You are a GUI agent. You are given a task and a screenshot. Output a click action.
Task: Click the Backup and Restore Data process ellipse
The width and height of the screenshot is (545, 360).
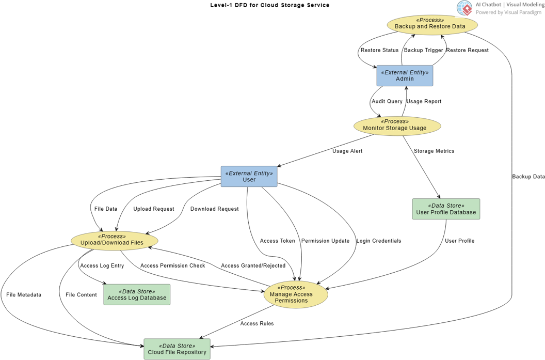pyautogui.click(x=432, y=24)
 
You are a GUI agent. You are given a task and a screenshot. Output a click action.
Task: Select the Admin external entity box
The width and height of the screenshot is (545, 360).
pyautogui.click(x=405, y=76)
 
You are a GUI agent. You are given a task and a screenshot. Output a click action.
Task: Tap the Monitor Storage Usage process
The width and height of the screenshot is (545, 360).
pyautogui.click(x=397, y=126)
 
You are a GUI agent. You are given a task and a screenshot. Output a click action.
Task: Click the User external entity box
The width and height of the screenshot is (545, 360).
pyautogui.click(x=249, y=177)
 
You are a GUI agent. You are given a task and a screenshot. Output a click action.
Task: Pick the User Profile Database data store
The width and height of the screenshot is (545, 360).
pyautogui.click(x=446, y=209)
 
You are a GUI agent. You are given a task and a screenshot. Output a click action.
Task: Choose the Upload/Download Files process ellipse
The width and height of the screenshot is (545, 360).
pyautogui.click(x=114, y=241)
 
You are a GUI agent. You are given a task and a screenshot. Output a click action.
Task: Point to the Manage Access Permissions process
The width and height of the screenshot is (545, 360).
pyautogui.click(x=296, y=294)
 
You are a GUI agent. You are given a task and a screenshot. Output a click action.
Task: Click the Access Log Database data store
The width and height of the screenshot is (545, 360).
pyautogui.click(x=137, y=295)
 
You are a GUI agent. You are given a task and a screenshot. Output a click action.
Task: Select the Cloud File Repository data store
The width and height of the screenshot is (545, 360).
pyautogui.click(x=177, y=349)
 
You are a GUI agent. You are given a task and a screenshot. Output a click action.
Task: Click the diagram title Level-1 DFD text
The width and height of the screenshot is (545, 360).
pyautogui.click(x=269, y=5)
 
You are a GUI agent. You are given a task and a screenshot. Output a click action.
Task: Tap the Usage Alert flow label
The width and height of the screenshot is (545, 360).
pyautogui.click(x=347, y=151)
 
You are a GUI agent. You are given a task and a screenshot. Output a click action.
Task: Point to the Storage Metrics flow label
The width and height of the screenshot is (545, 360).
pyautogui.click(x=434, y=151)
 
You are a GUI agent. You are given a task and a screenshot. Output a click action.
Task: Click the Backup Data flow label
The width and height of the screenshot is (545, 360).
pyautogui.click(x=528, y=177)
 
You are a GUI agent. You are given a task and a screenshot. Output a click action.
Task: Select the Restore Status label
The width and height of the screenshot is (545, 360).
pyautogui.click(x=379, y=51)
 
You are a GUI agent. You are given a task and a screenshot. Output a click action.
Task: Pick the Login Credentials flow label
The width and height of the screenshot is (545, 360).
pyautogui.click(x=378, y=241)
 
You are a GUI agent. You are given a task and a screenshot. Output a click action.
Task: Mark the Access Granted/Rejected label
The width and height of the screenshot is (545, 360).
pyautogui.click(x=253, y=266)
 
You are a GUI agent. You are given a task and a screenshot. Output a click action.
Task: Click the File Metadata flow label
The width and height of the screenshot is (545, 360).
pyautogui.click(x=24, y=295)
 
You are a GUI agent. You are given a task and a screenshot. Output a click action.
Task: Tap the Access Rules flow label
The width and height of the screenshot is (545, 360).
pyautogui.click(x=257, y=324)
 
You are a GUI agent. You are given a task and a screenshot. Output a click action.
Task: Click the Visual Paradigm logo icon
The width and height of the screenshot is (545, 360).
pyautogui.click(x=464, y=8)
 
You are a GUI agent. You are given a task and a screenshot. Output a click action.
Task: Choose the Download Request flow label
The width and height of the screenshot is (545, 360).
pyautogui.click(x=214, y=209)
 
